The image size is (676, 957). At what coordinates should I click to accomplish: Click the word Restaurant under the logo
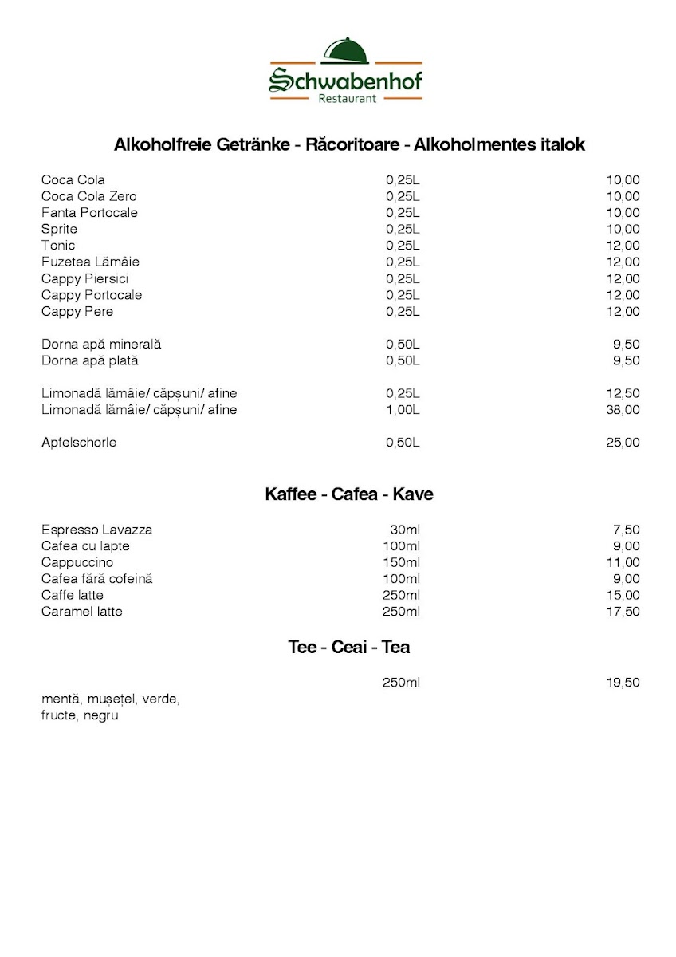[347, 98]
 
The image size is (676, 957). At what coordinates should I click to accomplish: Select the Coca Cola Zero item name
[89, 196]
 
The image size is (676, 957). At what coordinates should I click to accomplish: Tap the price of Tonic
[623, 246]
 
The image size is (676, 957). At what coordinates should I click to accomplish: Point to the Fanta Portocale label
[89, 213]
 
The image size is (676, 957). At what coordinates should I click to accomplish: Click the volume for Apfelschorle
[403, 443]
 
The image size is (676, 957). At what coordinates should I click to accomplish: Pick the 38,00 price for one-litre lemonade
[623, 410]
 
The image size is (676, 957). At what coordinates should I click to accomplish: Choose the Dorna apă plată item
[89, 360]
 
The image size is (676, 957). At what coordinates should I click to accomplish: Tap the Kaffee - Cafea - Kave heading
[349, 494]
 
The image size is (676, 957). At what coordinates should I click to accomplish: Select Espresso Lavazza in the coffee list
[96, 530]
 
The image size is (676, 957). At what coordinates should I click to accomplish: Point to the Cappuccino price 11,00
[623, 562]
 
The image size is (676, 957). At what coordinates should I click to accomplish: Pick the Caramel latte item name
[82, 612]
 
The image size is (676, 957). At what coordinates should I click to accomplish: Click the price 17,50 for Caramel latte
[623, 612]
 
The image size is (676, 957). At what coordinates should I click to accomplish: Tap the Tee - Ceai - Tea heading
[349, 647]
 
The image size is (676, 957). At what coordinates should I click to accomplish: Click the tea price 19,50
[623, 683]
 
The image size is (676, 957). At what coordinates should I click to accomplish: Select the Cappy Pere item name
[77, 311]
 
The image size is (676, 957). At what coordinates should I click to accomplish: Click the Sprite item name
[60, 229]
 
